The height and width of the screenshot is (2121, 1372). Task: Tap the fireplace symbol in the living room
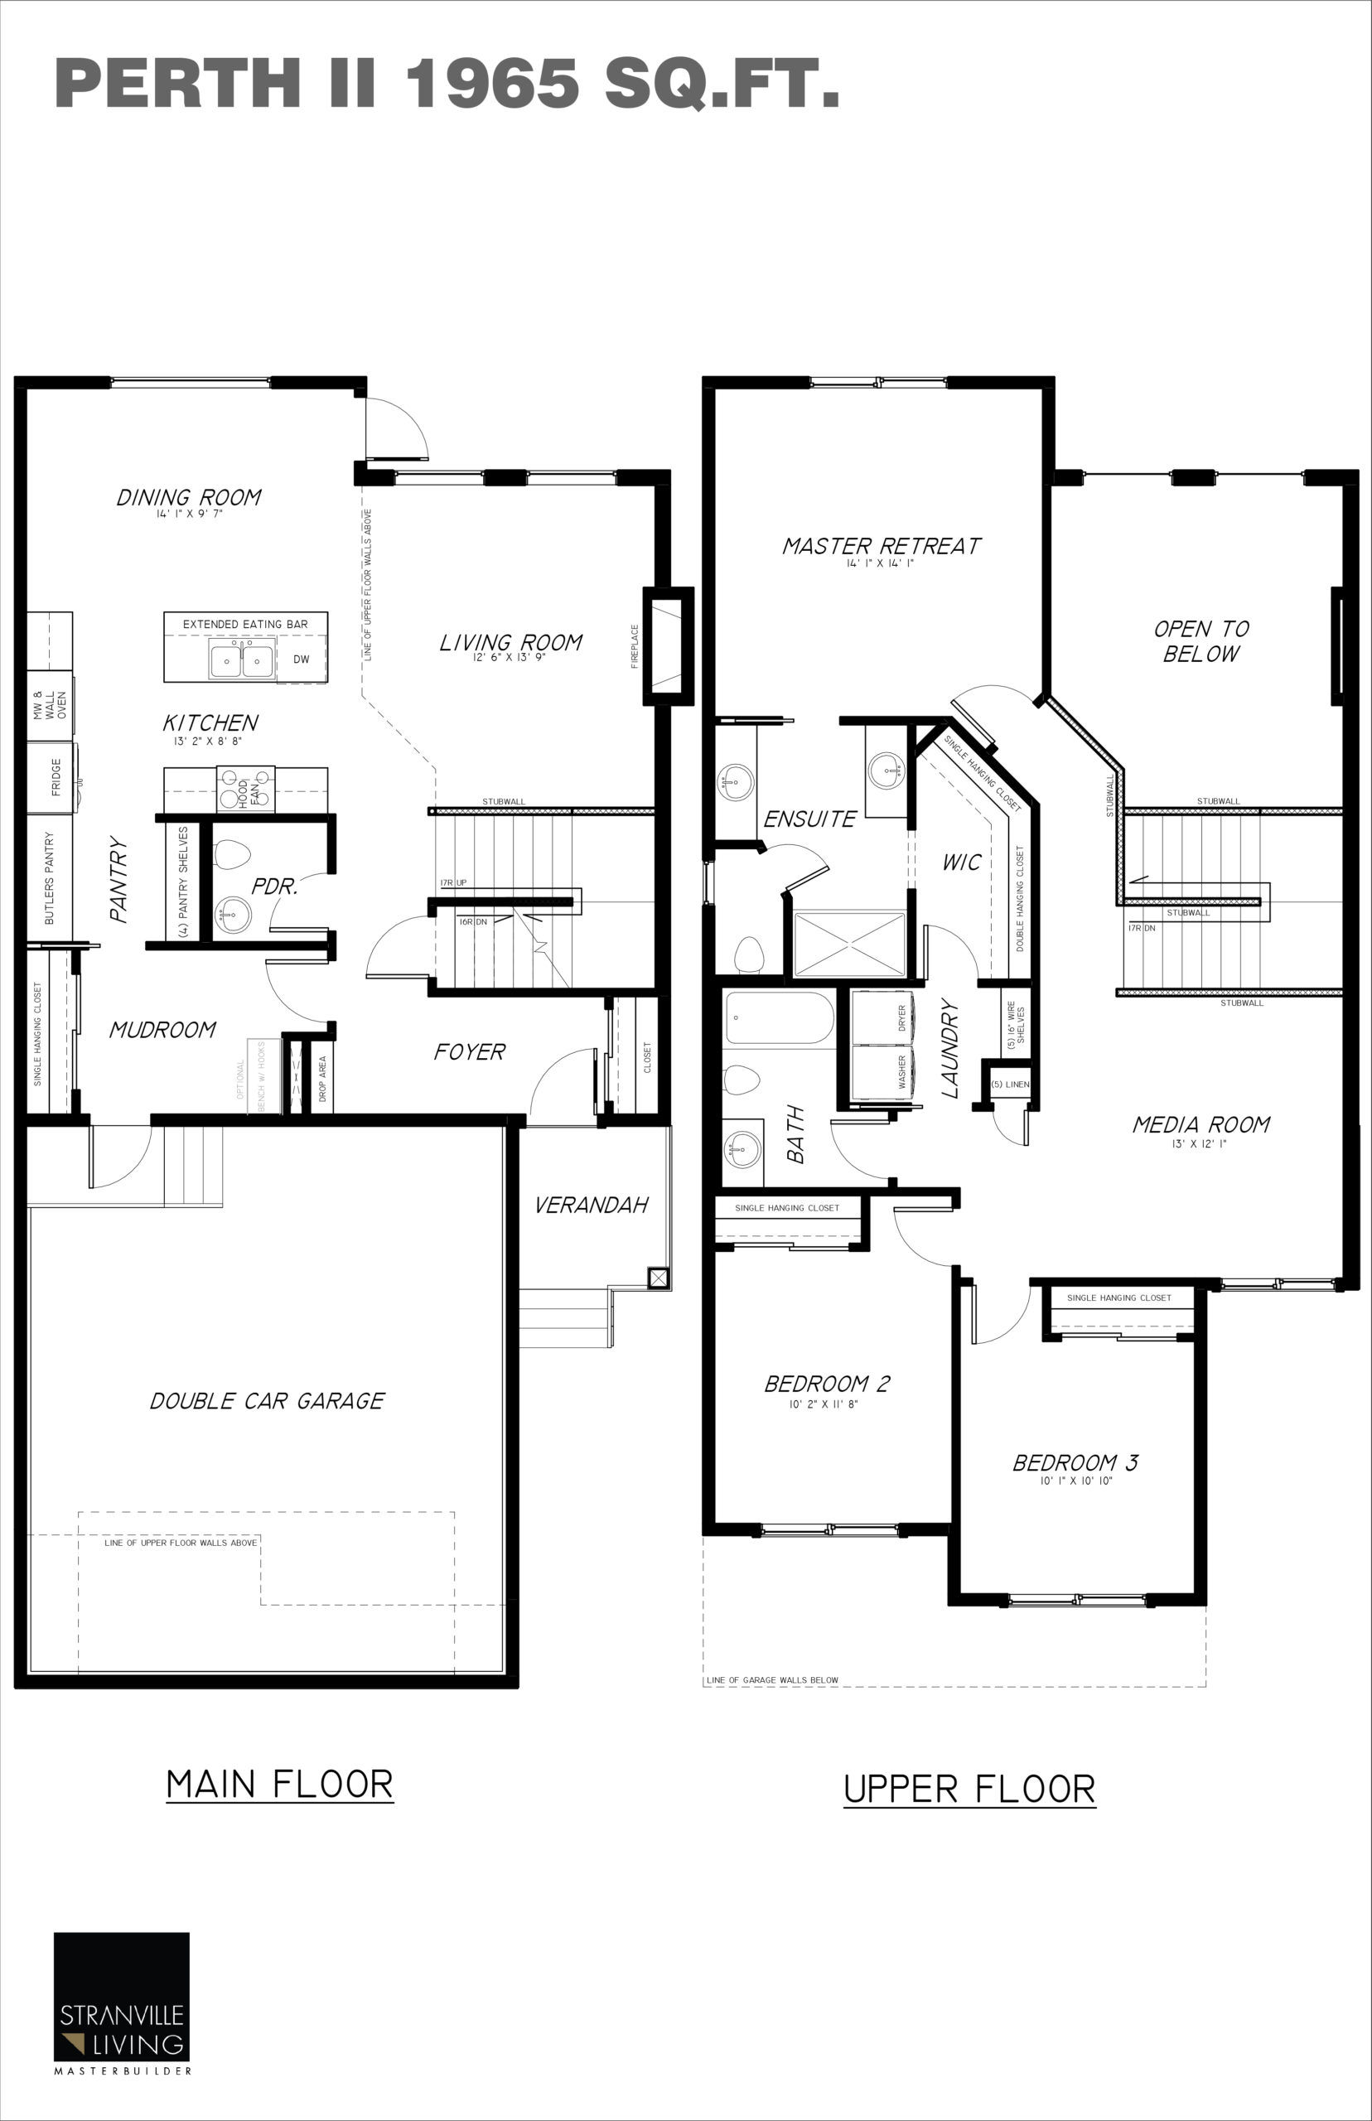pos(668,646)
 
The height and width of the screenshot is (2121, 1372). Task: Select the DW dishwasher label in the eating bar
pos(301,659)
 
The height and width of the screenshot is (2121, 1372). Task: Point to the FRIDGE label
pos(56,777)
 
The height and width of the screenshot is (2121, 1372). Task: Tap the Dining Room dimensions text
pos(189,514)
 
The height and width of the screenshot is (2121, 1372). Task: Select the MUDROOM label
pos(162,1030)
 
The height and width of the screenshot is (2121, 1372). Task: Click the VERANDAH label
pos(591,1205)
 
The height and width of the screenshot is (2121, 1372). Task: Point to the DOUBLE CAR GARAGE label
pos(267,1401)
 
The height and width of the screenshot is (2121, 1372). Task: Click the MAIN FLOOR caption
pos(280,1785)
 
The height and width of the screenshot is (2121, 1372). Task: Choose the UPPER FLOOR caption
pos(969,1789)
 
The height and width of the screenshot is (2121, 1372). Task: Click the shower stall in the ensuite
pos(849,945)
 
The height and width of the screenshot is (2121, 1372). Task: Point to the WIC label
pos(961,862)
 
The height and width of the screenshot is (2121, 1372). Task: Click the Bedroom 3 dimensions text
pos(1076,1481)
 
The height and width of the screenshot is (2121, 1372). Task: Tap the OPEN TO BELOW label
pos(1201,641)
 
